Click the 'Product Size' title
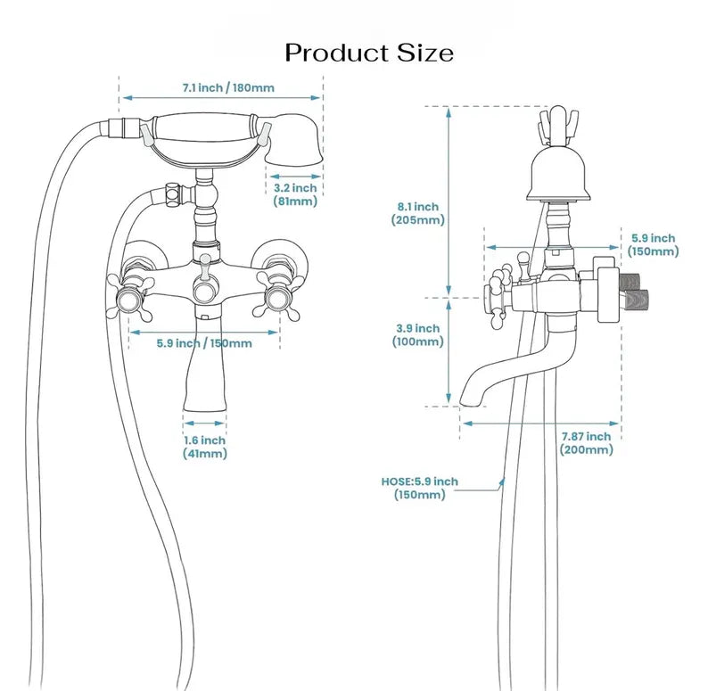tap(369, 53)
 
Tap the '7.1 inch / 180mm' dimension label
tap(228, 87)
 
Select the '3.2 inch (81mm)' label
tap(295, 194)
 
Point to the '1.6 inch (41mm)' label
tap(204, 447)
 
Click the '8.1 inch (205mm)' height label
tap(418, 214)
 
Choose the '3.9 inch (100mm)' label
tap(417, 335)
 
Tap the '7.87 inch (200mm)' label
tap(587, 443)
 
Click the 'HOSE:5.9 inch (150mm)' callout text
tap(420, 489)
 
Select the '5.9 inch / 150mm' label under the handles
tap(204, 343)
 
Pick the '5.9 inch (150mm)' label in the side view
tap(654, 245)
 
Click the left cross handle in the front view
tap(130, 296)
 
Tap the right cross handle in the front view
tap(276, 296)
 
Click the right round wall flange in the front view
tap(281, 260)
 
